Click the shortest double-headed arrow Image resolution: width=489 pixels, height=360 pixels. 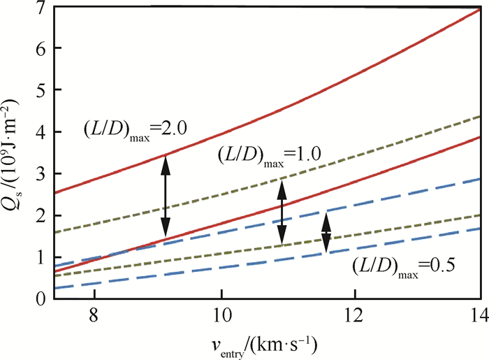pyautogui.click(x=326, y=233)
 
